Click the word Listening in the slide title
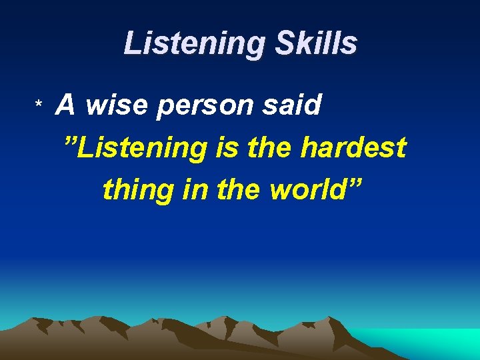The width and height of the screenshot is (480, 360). (x=185, y=44)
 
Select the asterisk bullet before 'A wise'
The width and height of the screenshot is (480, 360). (x=39, y=107)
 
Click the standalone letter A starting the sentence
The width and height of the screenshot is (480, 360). (x=65, y=105)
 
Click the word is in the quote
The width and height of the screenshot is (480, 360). (x=224, y=147)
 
